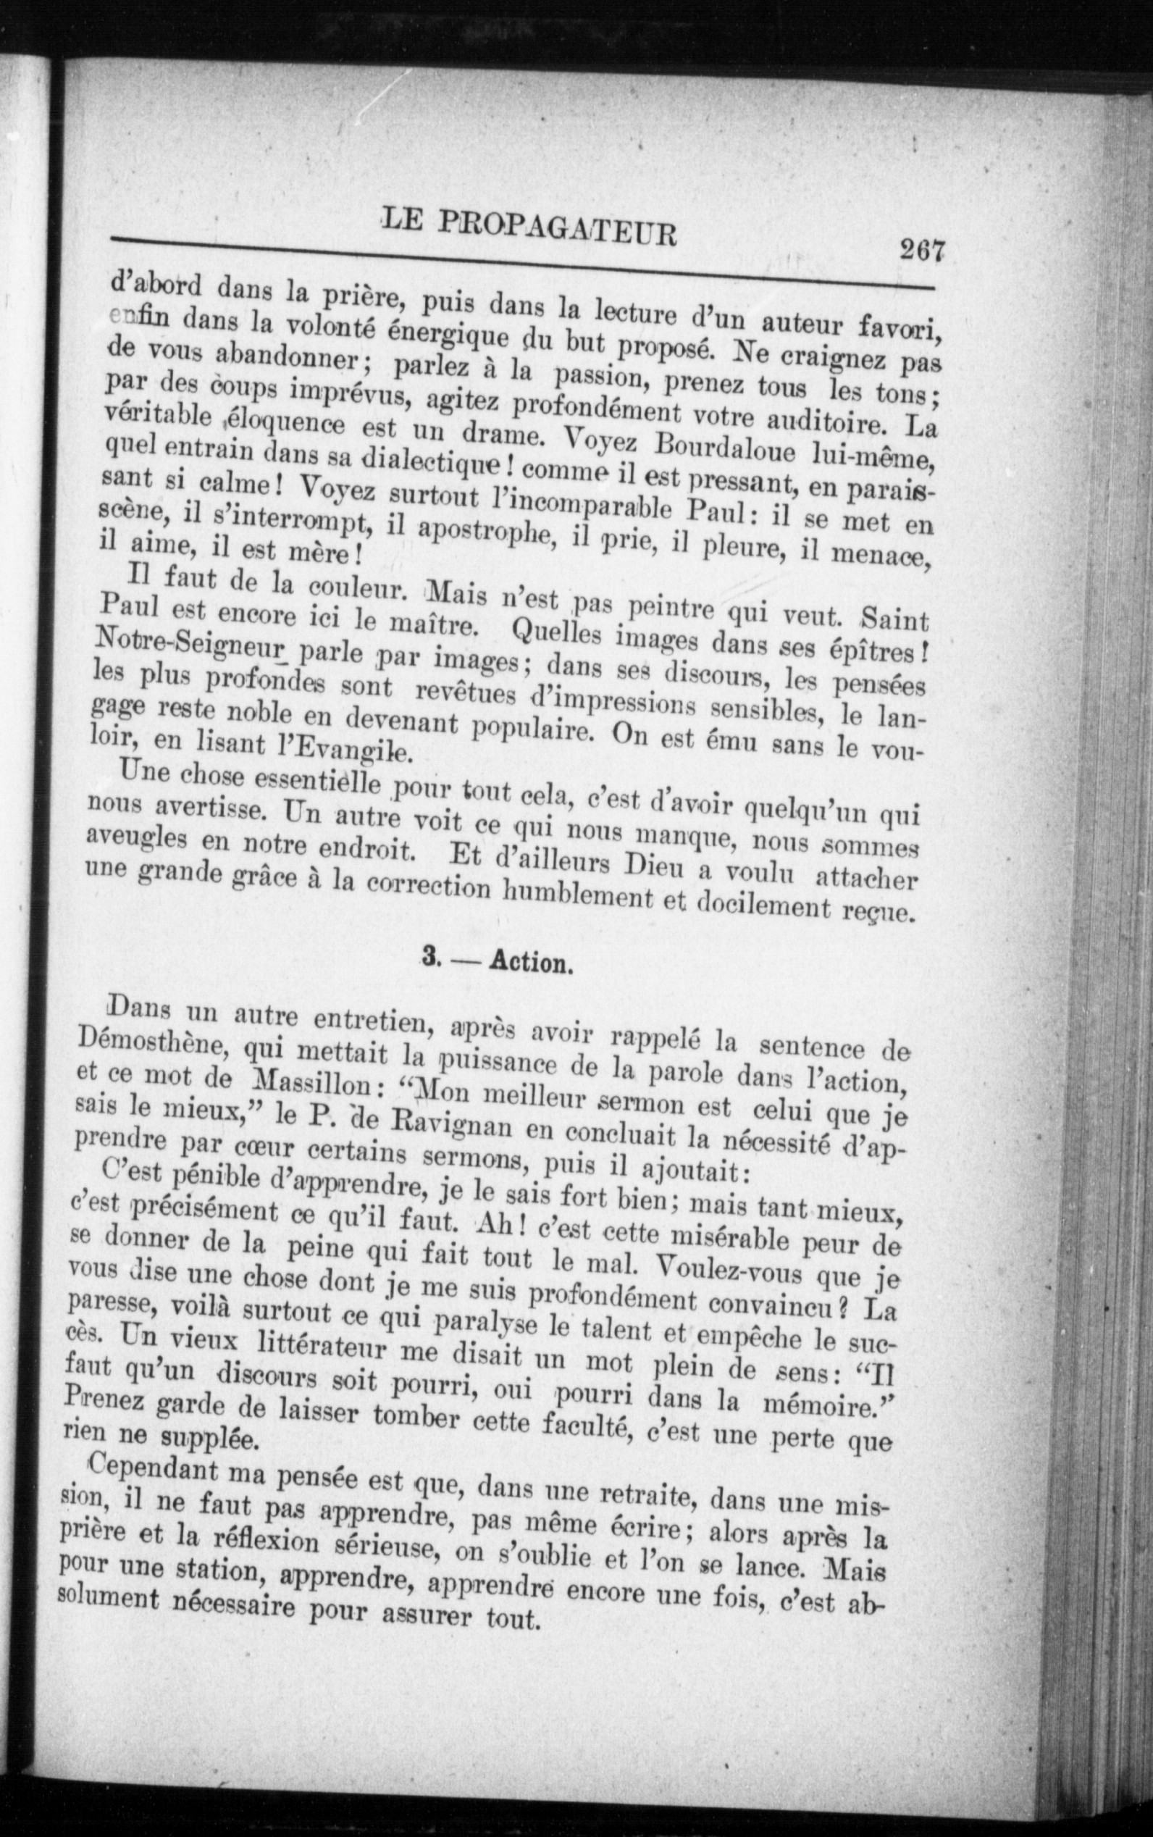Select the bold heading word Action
point(531,963)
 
